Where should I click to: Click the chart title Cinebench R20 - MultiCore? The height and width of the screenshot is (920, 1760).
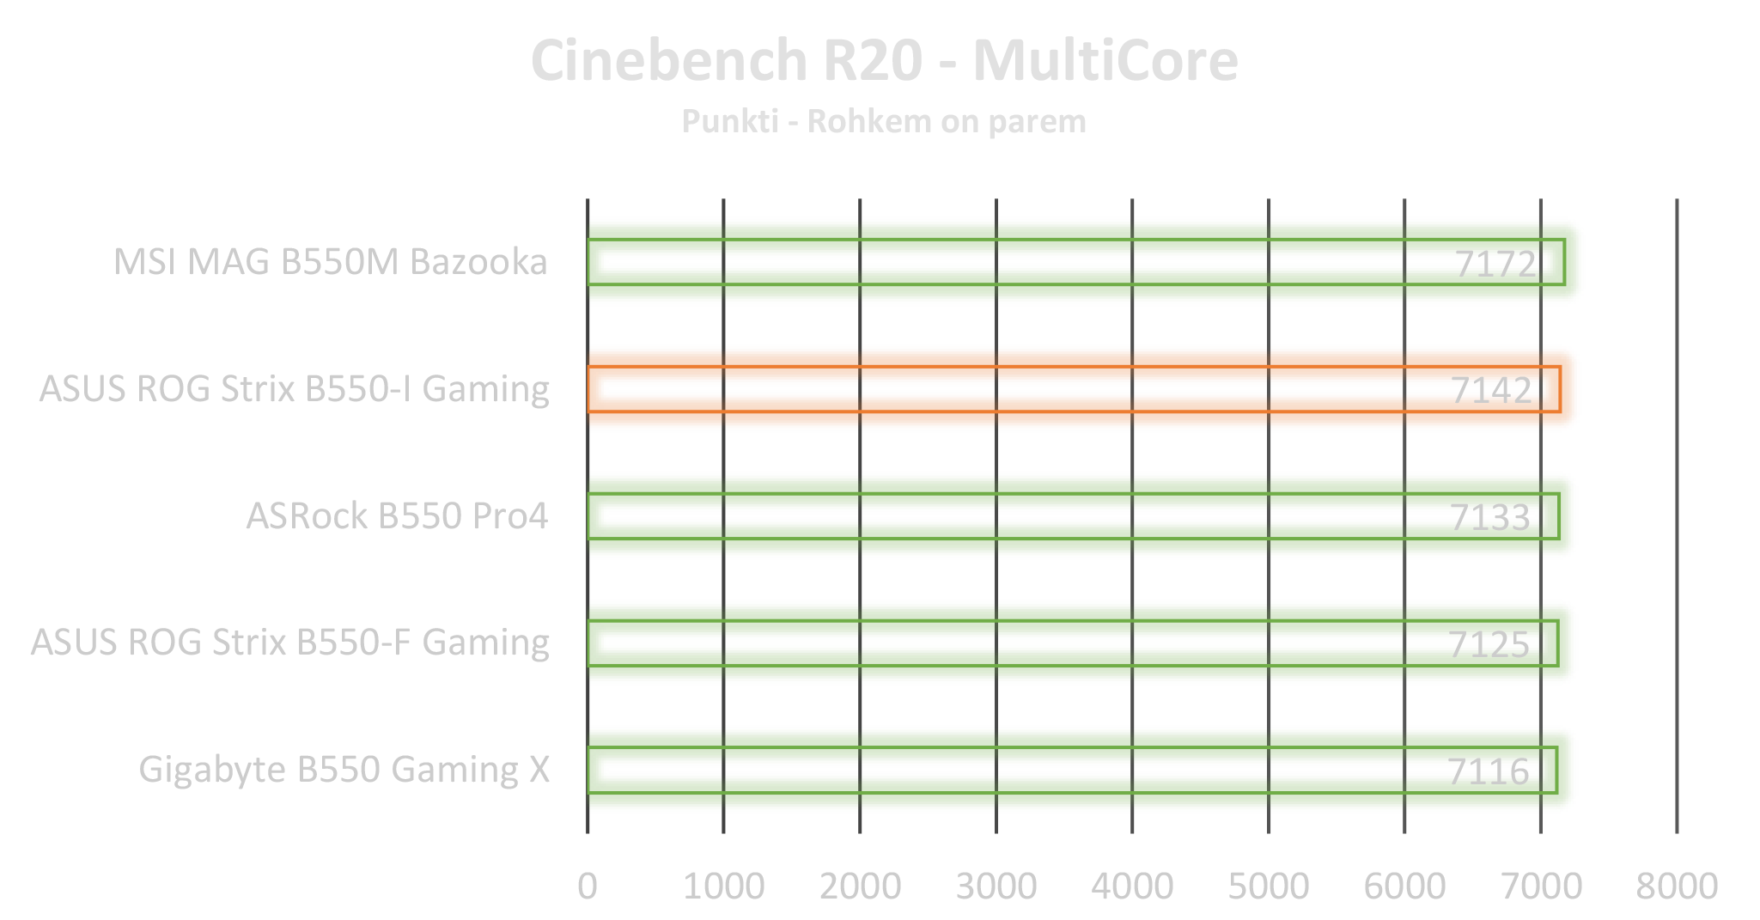pyautogui.click(x=884, y=61)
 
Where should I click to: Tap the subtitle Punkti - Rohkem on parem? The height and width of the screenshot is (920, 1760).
pyautogui.click(x=884, y=121)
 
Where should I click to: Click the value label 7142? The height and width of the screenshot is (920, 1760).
pyautogui.click(x=1492, y=391)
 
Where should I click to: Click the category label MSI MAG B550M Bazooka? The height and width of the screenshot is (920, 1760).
pyautogui.click(x=331, y=262)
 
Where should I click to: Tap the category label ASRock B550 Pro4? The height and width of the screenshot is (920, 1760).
pyautogui.click(x=397, y=516)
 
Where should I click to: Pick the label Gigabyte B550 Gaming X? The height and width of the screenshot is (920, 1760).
pyautogui.click(x=344, y=770)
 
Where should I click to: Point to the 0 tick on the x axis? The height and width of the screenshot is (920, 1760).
pyautogui.click(x=588, y=886)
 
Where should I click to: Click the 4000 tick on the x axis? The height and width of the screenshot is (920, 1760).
pyautogui.click(x=1132, y=886)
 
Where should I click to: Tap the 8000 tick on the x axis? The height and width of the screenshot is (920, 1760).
pyautogui.click(x=1677, y=886)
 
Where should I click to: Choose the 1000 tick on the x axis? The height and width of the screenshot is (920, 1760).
pyautogui.click(x=723, y=886)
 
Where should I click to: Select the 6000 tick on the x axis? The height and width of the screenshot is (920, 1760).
pyautogui.click(x=1404, y=886)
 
